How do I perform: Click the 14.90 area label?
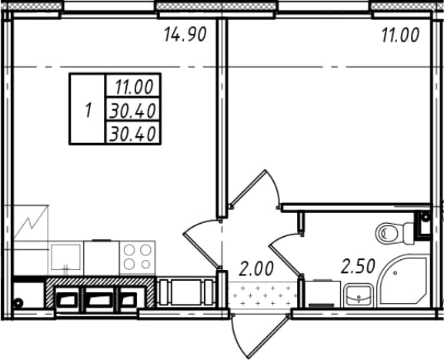[x=185, y=35]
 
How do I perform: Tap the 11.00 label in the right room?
[x=400, y=35]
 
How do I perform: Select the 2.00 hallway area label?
[x=256, y=268]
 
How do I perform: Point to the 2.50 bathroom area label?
[x=359, y=267]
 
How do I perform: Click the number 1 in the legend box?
[x=88, y=110]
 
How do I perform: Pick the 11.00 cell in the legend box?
[x=133, y=87]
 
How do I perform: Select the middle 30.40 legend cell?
[x=133, y=111]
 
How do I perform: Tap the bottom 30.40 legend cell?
[x=133, y=134]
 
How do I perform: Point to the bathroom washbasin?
[x=358, y=295]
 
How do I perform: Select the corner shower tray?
[x=403, y=281]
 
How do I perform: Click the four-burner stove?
[x=137, y=258]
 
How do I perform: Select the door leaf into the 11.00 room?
[x=249, y=188]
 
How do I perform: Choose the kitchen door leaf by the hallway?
[x=202, y=250]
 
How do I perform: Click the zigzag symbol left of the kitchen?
[x=31, y=222]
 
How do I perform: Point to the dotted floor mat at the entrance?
[x=262, y=296]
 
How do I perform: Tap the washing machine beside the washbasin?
[x=322, y=294]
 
